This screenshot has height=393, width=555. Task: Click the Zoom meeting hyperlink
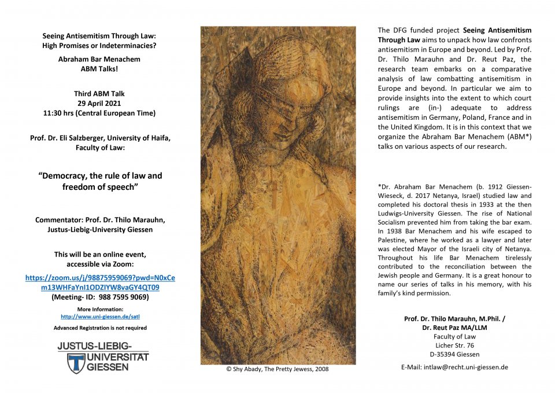[100, 282]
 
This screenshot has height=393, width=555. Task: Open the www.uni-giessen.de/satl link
[100, 317]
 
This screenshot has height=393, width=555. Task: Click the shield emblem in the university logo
[77, 363]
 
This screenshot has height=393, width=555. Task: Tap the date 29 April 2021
[99, 103]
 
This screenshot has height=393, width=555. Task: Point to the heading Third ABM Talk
[99, 94]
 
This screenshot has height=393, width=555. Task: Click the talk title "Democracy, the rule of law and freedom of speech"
[100, 181]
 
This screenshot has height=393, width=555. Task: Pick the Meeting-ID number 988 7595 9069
[120, 297]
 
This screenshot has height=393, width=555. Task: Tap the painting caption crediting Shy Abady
[277, 369]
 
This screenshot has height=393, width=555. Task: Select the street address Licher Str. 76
[454, 346]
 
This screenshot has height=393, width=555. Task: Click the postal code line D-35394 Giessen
[454, 354]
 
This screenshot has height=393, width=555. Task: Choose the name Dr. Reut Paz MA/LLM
[454, 328]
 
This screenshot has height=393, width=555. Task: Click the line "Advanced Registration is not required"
[100, 328]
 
